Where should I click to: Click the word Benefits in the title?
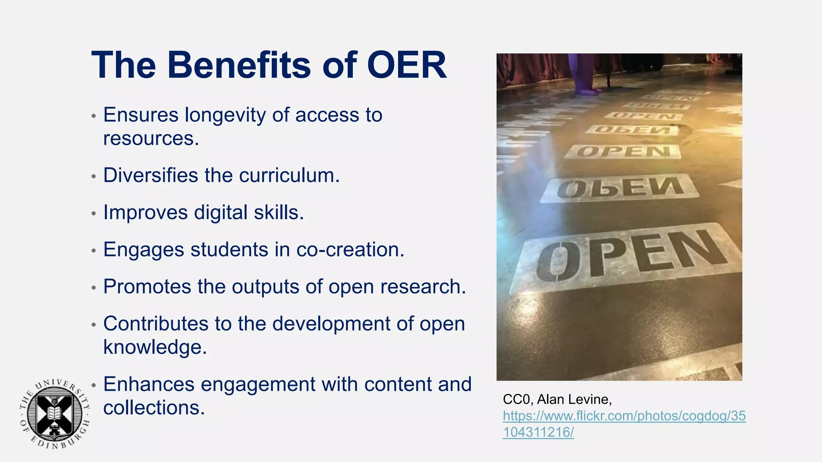click(x=239, y=65)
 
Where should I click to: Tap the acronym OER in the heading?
click(x=406, y=65)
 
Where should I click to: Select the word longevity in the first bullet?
click(x=225, y=115)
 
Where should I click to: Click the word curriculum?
click(x=289, y=176)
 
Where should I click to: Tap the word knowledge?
click(x=155, y=347)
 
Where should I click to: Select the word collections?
click(x=154, y=408)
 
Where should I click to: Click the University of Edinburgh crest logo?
click(x=55, y=413)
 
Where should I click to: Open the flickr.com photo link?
click(x=624, y=423)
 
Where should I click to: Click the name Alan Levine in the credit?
click(x=574, y=399)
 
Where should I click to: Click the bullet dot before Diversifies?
click(x=94, y=176)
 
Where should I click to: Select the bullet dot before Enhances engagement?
click(x=94, y=385)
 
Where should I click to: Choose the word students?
click(x=229, y=249)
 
